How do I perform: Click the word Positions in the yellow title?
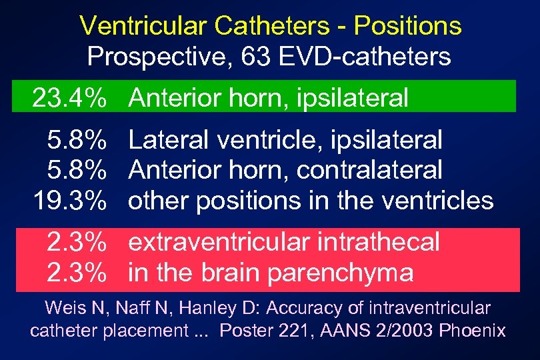(x=407, y=26)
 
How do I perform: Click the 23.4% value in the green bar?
(x=70, y=98)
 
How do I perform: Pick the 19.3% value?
(x=70, y=200)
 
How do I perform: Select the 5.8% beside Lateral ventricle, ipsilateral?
(x=77, y=140)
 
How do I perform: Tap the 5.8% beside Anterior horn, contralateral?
(x=77, y=170)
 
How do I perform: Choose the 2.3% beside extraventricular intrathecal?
(x=77, y=242)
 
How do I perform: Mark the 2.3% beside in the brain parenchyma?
(x=77, y=272)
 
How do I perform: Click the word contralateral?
(x=369, y=170)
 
